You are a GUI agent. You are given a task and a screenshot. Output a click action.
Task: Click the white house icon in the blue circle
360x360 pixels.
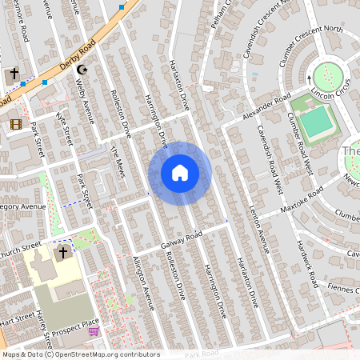[180, 172]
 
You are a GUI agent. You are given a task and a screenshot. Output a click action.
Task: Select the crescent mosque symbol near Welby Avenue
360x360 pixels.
[81, 70]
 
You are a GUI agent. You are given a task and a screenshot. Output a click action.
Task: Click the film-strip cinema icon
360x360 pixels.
[16, 124]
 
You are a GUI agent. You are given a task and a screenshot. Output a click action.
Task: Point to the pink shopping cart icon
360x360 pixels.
[94, 331]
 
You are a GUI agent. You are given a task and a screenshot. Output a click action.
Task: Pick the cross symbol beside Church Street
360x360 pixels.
[62, 253]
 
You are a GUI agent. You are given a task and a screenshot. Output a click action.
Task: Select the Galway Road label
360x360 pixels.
[182, 238]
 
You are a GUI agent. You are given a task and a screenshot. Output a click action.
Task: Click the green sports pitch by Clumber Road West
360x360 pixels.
[317, 122]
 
